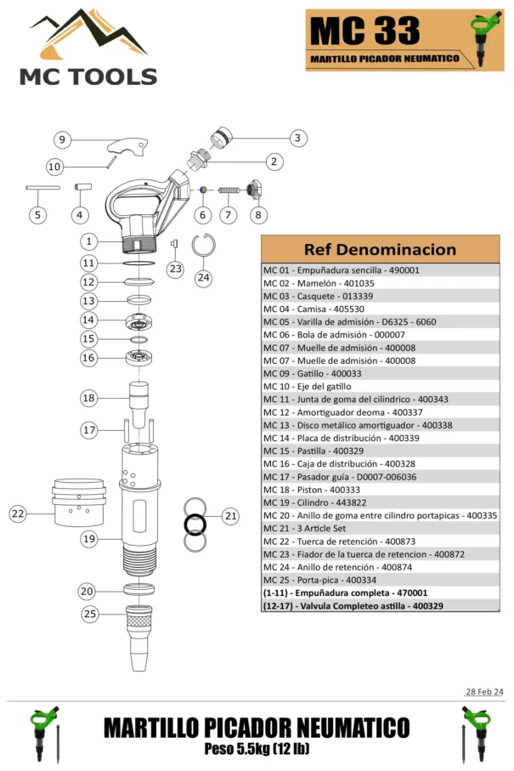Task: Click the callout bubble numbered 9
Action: pos(61,139)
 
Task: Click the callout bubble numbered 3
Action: pos(297,138)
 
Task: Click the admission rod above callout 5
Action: pos(42,188)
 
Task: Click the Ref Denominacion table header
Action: pos(380,249)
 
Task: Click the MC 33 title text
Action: pos(364,31)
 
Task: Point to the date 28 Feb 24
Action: pos(483,691)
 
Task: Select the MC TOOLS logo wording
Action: pos(88,77)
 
